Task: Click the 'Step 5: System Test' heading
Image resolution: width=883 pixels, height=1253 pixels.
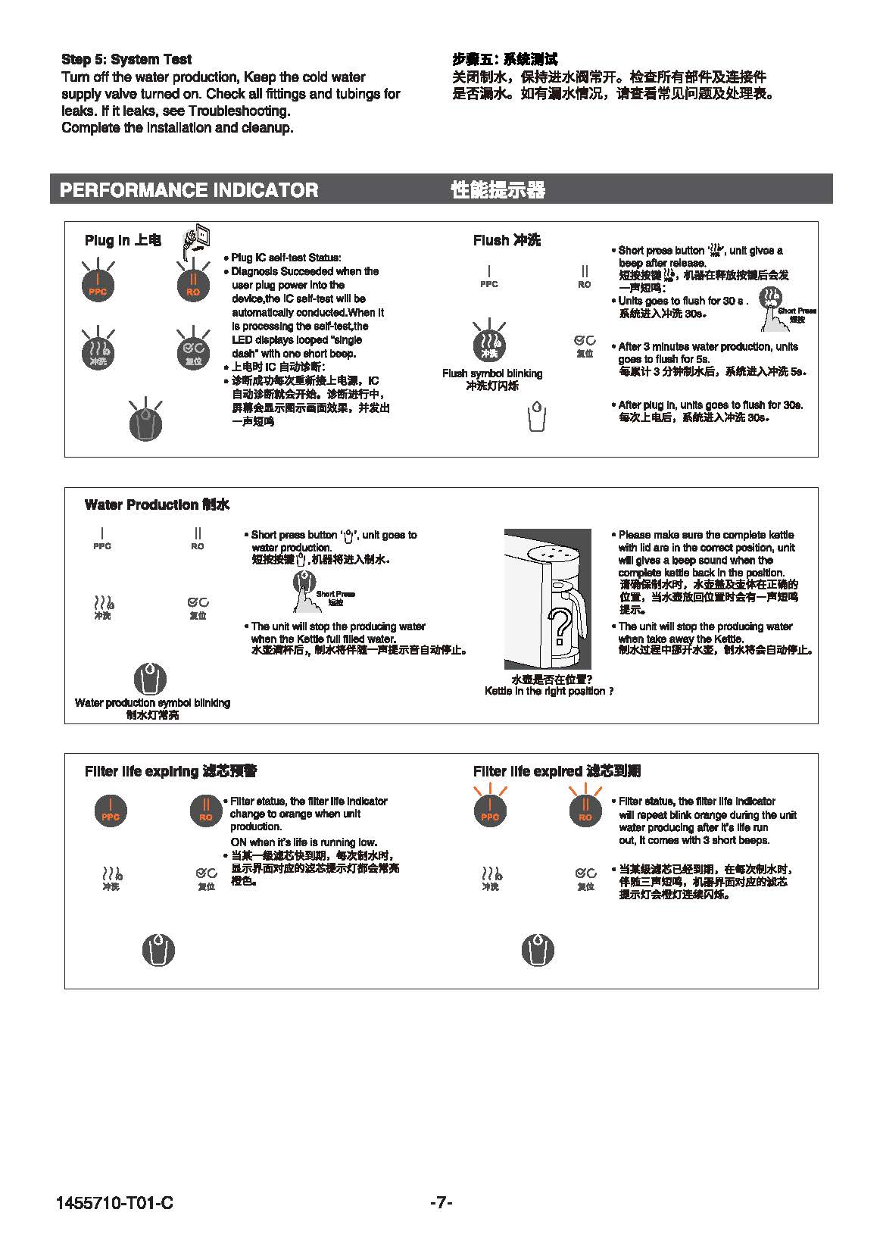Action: point(126,59)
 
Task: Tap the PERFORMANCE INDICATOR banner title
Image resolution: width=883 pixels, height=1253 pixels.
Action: point(189,189)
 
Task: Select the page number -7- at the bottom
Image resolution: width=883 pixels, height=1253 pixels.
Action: point(441,1202)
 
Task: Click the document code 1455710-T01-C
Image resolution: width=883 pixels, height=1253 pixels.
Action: point(114,1202)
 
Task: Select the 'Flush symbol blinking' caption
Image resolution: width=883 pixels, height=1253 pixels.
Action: point(492,373)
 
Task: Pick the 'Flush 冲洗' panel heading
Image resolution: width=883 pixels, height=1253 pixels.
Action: point(507,240)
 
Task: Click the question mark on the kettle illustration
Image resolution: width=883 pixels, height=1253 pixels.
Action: point(561,623)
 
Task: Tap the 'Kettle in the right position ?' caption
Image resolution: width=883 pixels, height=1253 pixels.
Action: point(548,691)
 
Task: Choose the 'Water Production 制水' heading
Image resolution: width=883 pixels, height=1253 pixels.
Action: point(157,505)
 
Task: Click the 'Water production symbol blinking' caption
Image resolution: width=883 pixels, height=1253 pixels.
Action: point(152,703)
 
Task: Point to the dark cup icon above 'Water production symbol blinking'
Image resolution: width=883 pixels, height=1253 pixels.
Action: point(150,678)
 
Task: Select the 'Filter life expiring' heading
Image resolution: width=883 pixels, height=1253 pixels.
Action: point(170,771)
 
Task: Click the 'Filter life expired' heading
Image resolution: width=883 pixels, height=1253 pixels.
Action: point(557,771)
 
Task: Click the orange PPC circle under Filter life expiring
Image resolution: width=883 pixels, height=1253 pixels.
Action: point(111,811)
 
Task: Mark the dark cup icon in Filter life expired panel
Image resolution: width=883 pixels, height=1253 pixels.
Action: point(538,949)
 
